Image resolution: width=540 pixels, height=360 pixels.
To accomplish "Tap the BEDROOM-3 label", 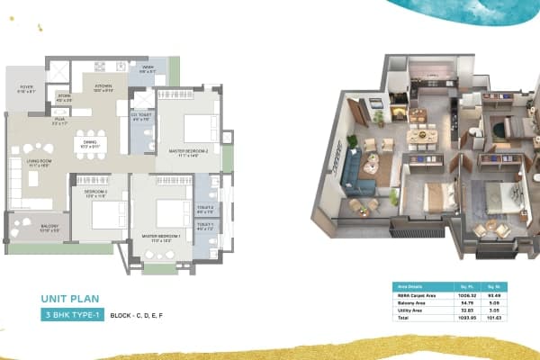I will click(94, 193).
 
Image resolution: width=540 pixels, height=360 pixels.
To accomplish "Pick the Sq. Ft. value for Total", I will click(464, 317).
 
